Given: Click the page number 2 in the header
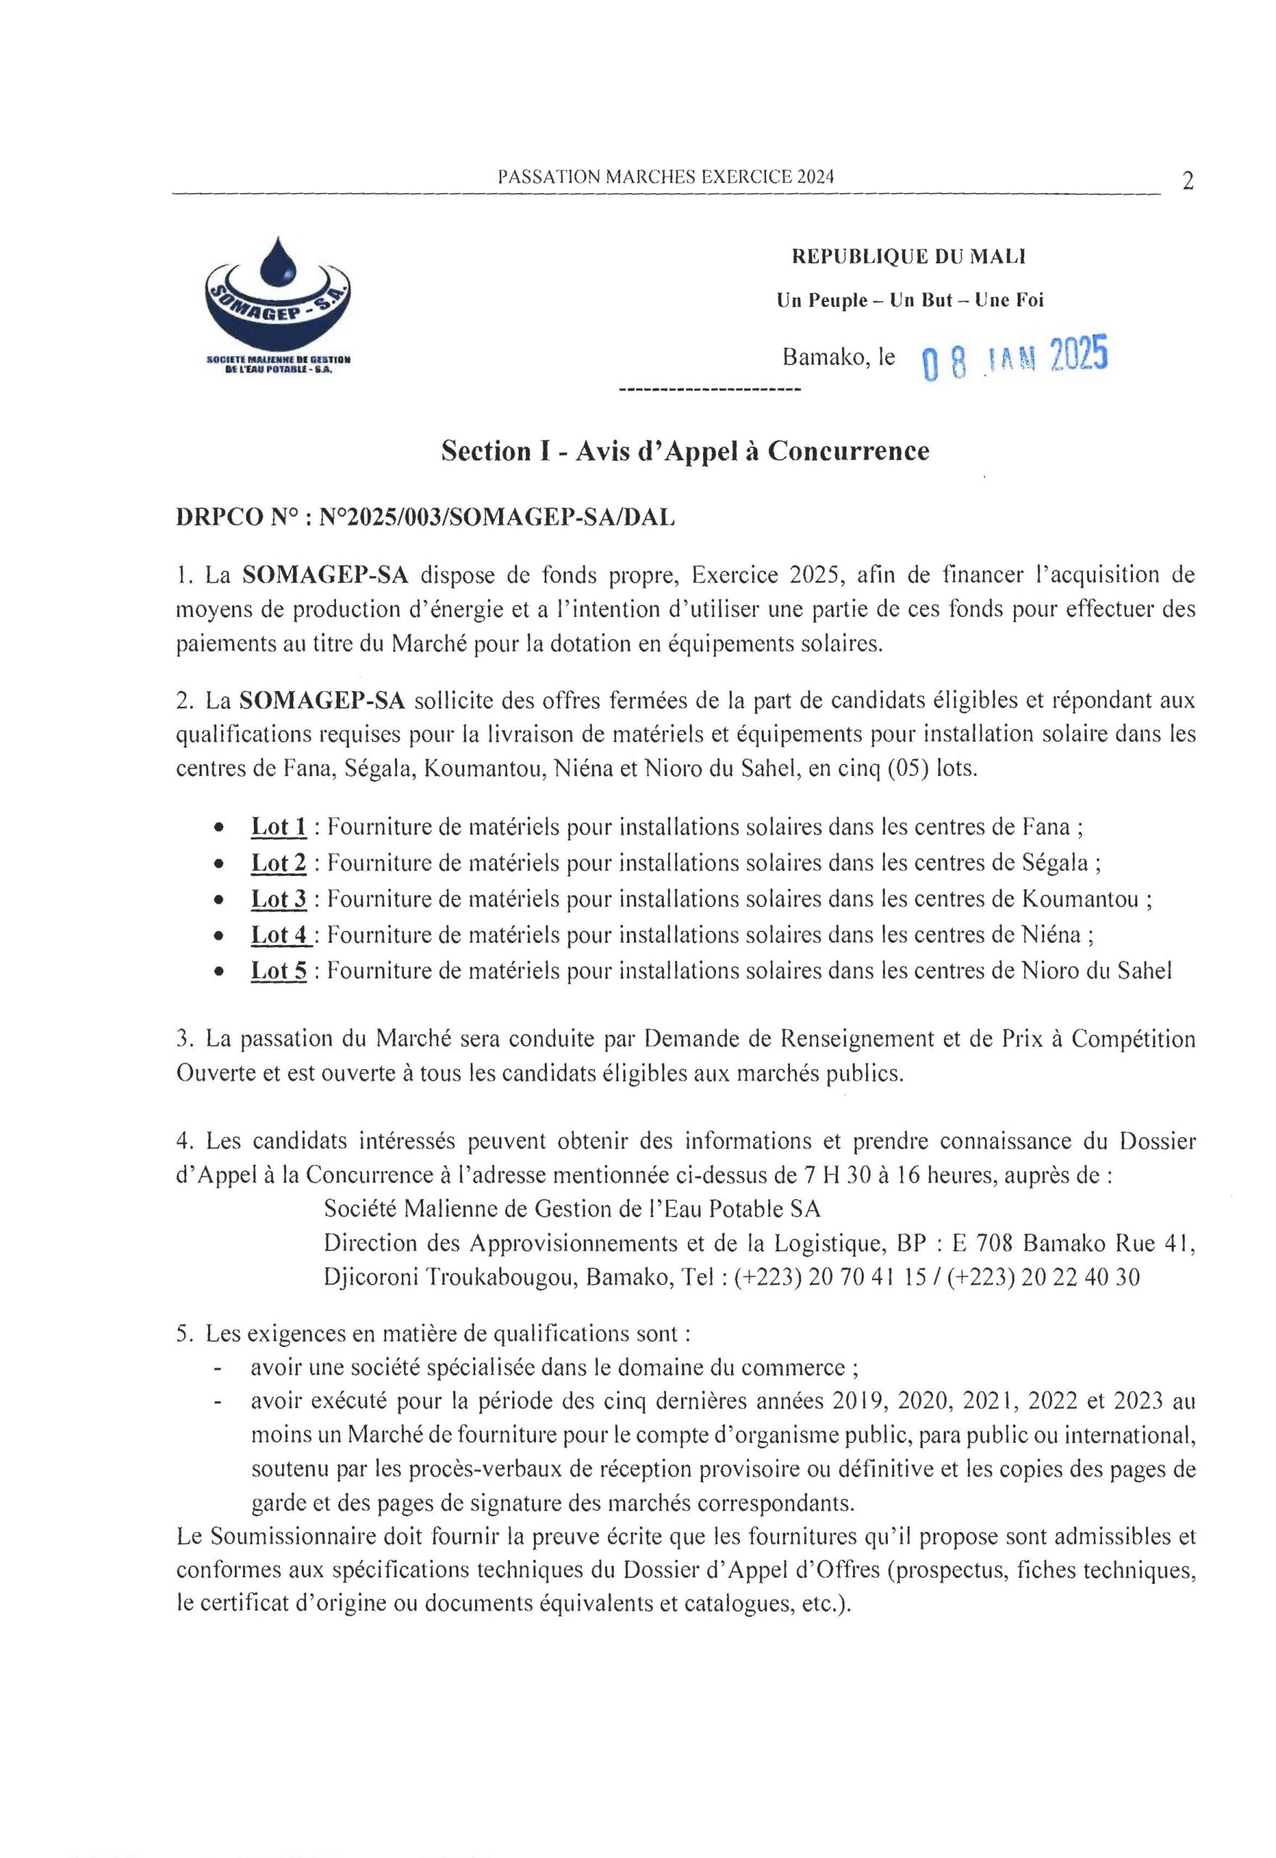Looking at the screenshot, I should point(1188,181).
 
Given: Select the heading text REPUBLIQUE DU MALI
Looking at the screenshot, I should point(909,257).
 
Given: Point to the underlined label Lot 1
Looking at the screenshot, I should point(279,826).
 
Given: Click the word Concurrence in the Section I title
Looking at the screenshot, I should point(848,451).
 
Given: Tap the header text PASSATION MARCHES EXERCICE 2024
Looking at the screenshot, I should point(665,178).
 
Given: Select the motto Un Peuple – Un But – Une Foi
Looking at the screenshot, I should point(910,300).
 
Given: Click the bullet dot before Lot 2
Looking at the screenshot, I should point(218,864).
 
